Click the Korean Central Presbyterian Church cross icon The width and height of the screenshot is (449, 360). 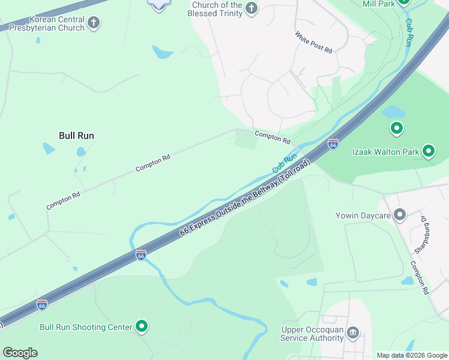click(93, 23)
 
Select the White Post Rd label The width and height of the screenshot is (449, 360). click(313, 43)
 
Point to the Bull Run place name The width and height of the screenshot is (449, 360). click(76, 136)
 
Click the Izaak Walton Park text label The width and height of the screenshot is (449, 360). click(385, 152)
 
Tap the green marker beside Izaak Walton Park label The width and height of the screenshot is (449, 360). click(429, 151)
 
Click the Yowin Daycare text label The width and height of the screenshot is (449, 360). click(364, 215)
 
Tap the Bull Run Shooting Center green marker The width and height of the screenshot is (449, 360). click(142, 327)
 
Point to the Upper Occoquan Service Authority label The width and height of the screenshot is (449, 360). click(312, 334)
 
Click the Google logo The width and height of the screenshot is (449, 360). click(20, 353)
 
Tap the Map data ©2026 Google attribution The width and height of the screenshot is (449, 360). click(412, 355)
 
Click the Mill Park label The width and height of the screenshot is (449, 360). click(379, 4)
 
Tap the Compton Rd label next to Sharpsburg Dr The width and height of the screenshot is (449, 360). click(419, 277)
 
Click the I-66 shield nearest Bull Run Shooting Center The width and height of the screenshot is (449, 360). click(42, 305)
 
